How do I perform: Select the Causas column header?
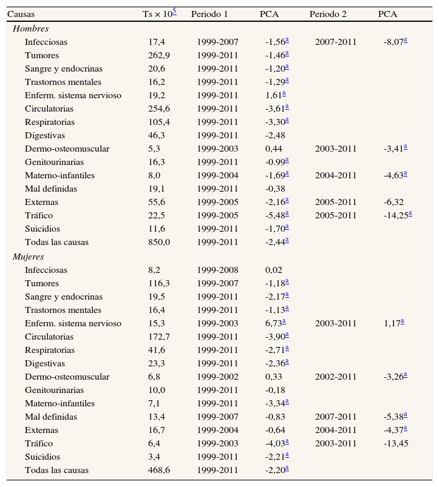pos(20,15)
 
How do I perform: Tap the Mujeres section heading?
pos(29,257)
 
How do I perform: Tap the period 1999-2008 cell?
pos(217,270)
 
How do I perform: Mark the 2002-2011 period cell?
pos(336,377)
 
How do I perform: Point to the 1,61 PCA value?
pos(274,95)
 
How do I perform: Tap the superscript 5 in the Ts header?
pos(174,12)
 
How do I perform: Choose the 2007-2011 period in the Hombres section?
pos(336,42)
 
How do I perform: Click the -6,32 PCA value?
pos(393,202)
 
